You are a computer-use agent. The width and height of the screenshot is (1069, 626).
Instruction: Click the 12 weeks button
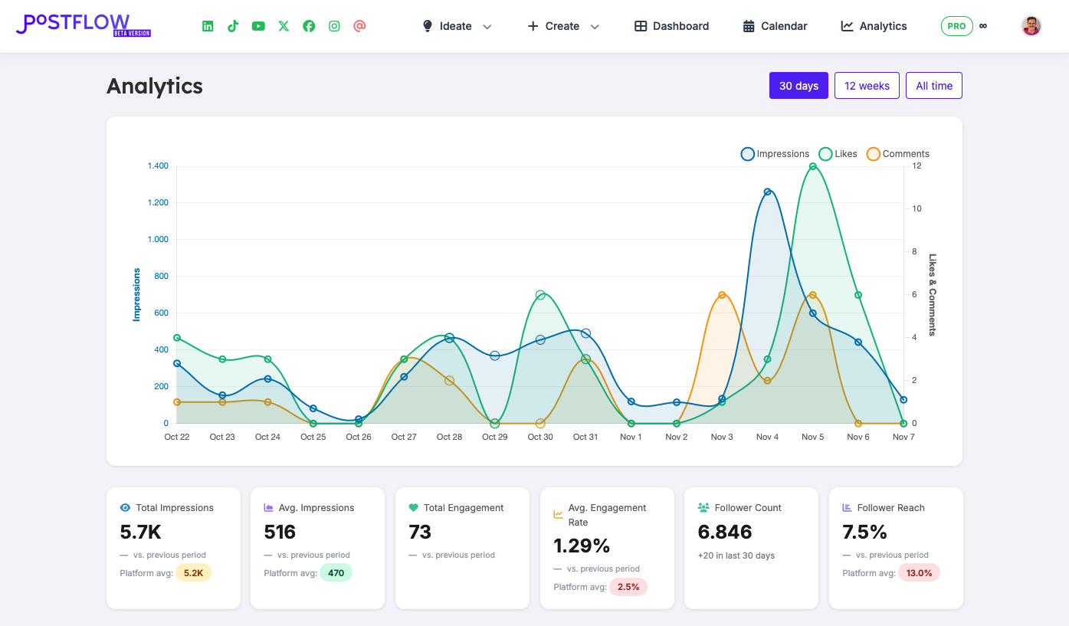(867, 86)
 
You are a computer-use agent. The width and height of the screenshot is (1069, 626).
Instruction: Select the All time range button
(933, 86)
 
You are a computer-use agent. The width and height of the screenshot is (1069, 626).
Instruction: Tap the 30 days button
(798, 86)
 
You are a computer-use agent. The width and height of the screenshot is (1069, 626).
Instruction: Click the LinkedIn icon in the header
(208, 26)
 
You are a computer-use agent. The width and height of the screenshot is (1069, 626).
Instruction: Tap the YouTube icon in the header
(258, 26)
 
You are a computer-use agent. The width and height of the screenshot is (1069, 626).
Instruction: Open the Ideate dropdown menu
(457, 26)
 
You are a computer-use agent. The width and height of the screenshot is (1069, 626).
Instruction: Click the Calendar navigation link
(775, 26)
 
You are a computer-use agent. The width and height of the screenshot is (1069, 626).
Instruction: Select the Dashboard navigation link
(671, 26)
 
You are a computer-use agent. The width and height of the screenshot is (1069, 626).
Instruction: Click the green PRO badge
(956, 26)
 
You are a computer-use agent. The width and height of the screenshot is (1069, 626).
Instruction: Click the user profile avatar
(1031, 26)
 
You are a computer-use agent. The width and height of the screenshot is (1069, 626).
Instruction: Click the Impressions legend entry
(775, 154)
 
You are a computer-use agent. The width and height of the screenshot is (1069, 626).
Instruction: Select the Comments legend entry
(897, 154)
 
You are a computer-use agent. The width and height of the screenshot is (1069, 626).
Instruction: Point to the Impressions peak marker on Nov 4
(767, 192)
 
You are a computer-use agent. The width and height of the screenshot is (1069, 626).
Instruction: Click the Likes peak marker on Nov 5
(812, 166)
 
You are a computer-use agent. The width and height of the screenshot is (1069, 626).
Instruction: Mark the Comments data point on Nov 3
(722, 295)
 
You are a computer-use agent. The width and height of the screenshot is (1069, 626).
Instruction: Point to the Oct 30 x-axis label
(540, 437)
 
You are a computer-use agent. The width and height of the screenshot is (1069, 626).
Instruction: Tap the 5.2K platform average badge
(193, 573)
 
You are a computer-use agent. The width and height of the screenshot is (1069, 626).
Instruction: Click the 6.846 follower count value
(725, 532)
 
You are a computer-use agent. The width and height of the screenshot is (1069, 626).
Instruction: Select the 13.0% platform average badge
(919, 573)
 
